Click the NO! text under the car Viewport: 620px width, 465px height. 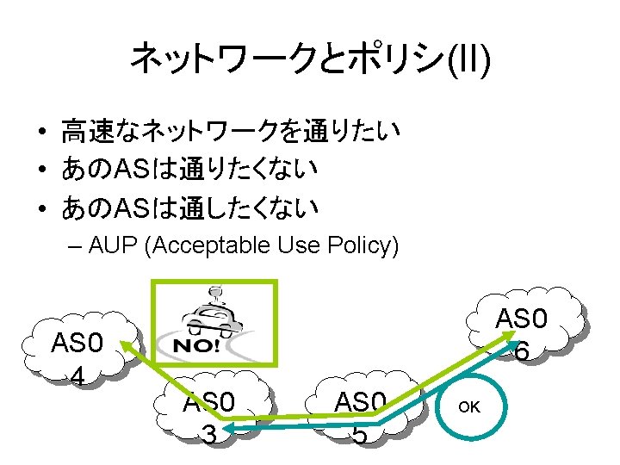pyautogui.click(x=197, y=347)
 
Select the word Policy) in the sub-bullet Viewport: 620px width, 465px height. pyautogui.click(x=367, y=246)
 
